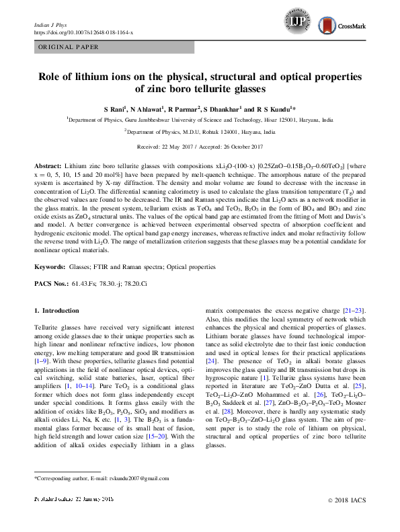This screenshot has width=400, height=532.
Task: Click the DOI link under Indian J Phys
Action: click(83, 32)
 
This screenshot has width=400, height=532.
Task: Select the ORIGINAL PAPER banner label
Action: click(68, 47)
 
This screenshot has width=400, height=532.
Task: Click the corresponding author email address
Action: click(131, 478)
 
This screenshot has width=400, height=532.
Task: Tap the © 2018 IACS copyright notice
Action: click(346, 500)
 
